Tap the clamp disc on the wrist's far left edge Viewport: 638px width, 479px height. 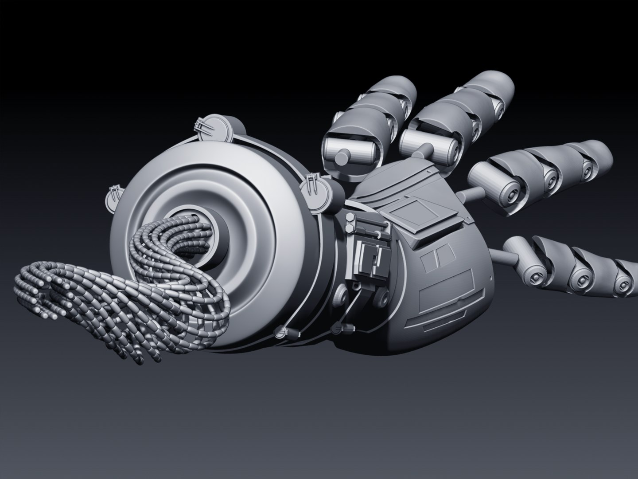[115, 198]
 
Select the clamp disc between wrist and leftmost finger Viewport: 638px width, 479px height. [315, 188]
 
